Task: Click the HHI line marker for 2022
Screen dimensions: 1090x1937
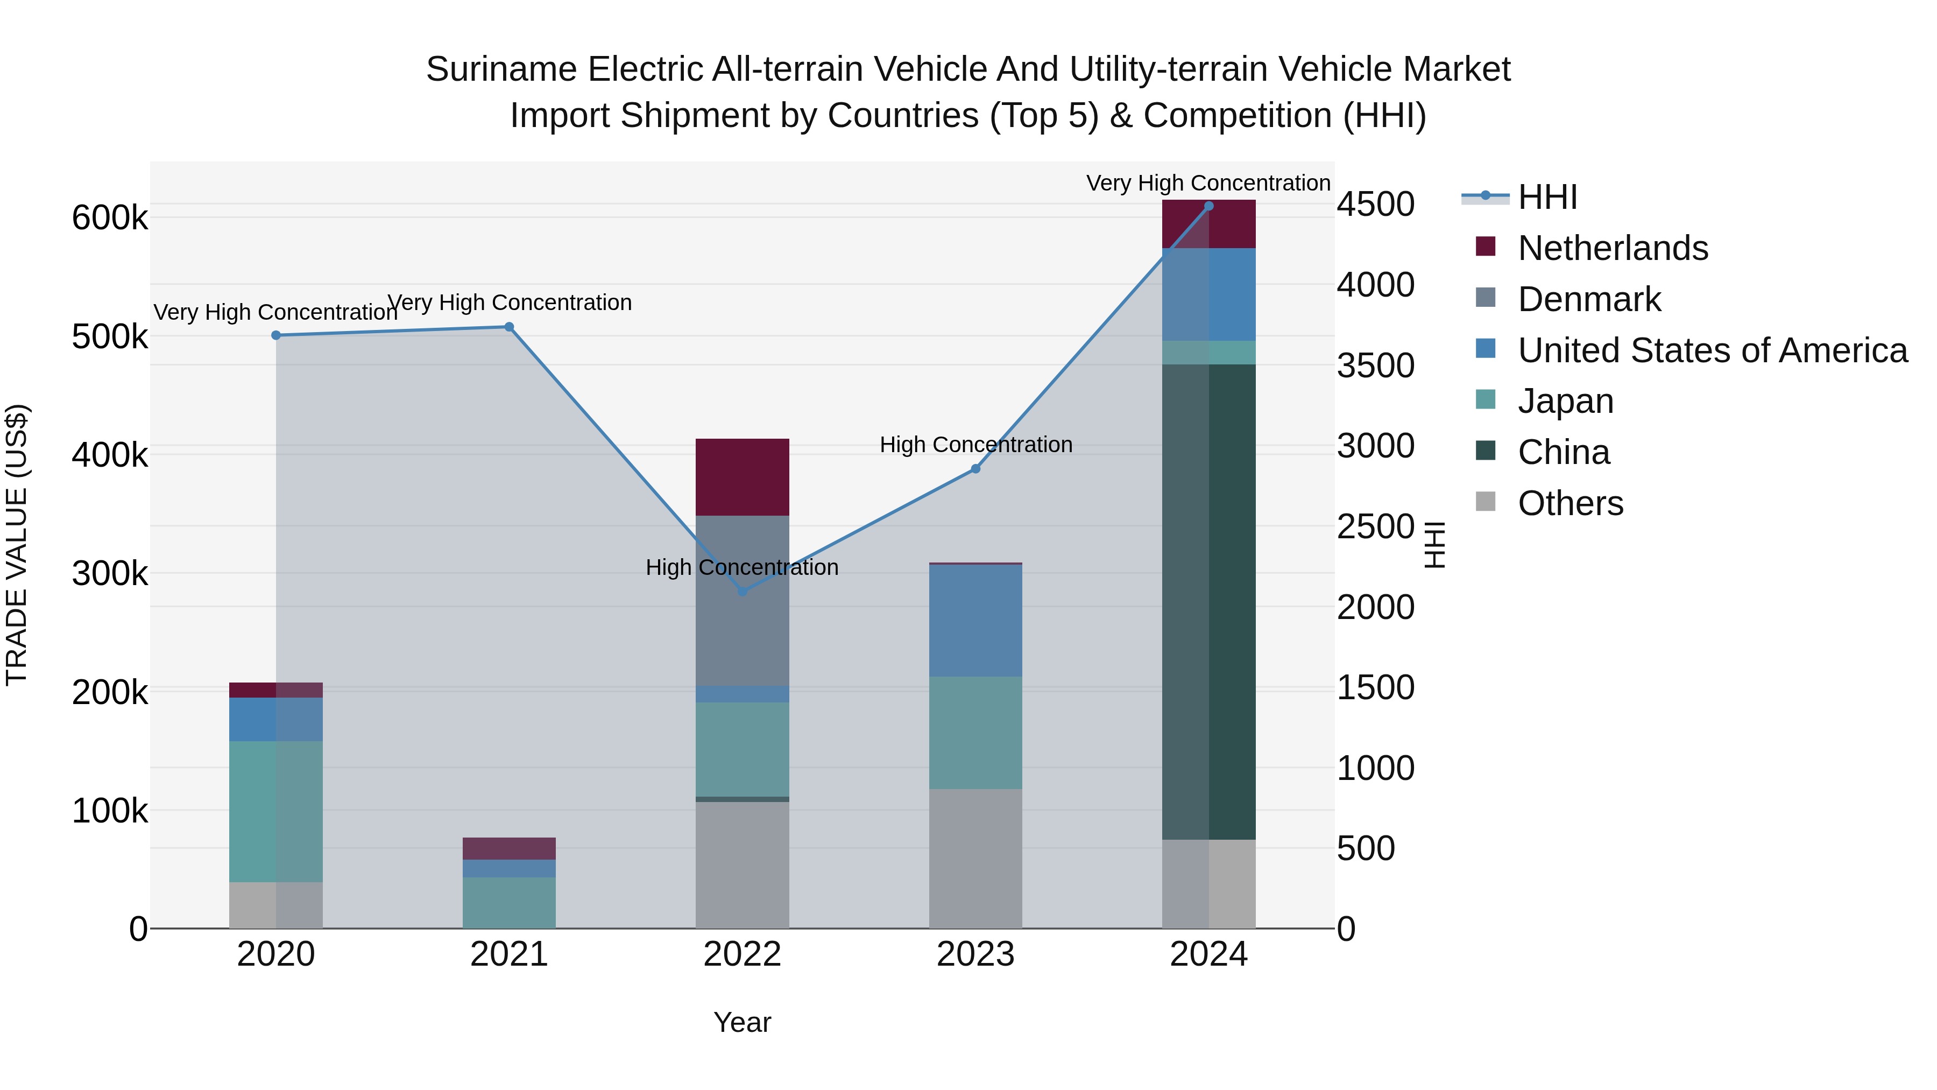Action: [x=742, y=591]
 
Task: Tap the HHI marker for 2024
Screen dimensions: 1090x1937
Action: [x=1208, y=206]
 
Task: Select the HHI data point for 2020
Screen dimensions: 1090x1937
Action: [x=276, y=335]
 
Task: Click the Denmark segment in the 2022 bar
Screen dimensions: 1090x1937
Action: [x=742, y=600]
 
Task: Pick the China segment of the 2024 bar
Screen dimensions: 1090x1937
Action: [x=1208, y=602]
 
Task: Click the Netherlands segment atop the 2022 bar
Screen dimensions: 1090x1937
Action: [x=742, y=477]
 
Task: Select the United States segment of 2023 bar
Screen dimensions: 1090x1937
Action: [x=975, y=620]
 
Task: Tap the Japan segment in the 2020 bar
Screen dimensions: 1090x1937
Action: [x=276, y=811]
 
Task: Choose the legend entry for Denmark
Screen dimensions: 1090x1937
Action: [x=1588, y=299]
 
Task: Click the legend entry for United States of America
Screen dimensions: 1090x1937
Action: [x=1712, y=350]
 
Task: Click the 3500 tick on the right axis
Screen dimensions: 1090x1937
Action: [x=1375, y=367]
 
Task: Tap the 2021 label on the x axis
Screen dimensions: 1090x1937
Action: [x=509, y=954]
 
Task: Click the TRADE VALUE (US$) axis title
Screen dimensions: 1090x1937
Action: [x=17, y=545]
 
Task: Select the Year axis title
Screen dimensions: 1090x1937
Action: [x=742, y=1022]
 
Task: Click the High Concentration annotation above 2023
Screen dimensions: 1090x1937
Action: [x=975, y=445]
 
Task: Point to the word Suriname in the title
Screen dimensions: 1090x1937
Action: [x=501, y=69]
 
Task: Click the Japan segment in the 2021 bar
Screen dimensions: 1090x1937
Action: [x=509, y=902]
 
